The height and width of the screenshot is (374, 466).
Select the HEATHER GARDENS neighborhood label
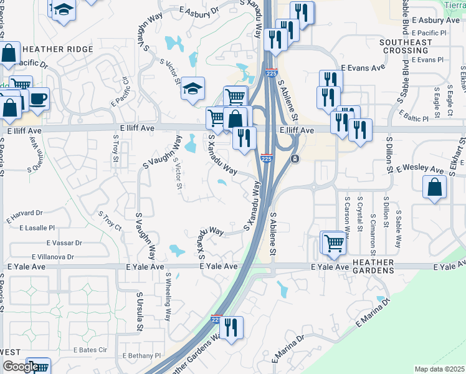364,267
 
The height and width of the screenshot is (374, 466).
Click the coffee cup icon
39,98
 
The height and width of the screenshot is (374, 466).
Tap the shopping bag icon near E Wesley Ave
434,186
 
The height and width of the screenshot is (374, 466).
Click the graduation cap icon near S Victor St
193,89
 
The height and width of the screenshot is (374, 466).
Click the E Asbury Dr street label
199,11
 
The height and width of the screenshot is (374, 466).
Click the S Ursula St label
140,312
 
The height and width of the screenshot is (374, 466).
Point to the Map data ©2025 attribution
440,369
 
